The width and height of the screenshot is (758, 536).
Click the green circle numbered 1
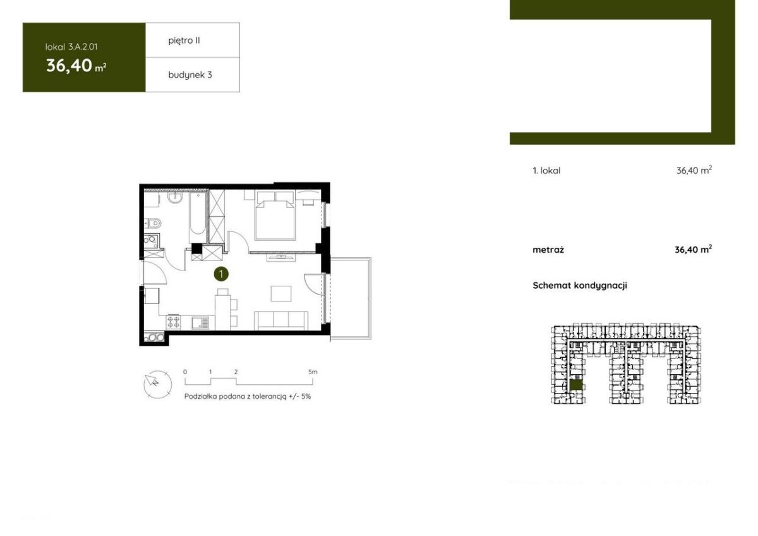click(x=221, y=274)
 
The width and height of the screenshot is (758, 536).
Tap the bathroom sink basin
click(x=175, y=198)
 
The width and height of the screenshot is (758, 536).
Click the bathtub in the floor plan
click(x=197, y=214)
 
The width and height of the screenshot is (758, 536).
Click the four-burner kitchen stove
click(x=173, y=322)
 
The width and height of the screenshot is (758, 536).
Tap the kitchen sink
click(x=200, y=322)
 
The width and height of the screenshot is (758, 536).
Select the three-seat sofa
click(x=281, y=320)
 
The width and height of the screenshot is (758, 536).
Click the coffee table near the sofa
click(x=281, y=293)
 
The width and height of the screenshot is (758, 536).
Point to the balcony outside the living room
click(x=351, y=298)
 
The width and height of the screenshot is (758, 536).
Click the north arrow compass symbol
click(x=158, y=384)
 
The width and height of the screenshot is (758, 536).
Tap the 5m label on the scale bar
click(x=313, y=372)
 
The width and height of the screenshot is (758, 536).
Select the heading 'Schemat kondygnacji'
click(x=580, y=286)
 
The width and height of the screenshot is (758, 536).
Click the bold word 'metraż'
click(x=548, y=250)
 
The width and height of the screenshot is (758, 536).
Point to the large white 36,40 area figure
click(x=69, y=66)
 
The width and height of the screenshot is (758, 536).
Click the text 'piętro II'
click(x=184, y=40)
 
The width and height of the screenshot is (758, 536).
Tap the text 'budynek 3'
click(x=190, y=75)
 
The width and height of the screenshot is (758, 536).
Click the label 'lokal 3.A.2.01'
click(x=71, y=47)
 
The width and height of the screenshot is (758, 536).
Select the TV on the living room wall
click(x=281, y=257)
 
